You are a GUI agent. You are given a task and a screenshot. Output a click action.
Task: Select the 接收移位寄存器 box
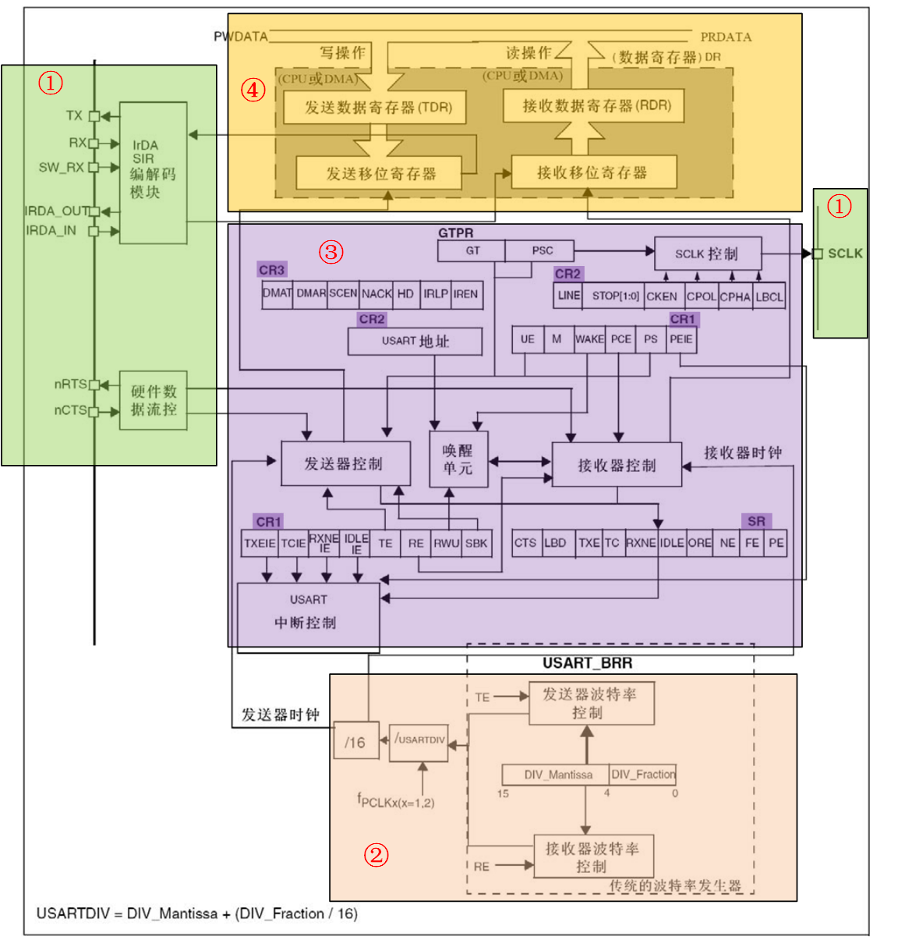pyautogui.click(x=593, y=172)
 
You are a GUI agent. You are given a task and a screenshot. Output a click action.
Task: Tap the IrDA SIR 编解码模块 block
pyautogui.click(x=153, y=172)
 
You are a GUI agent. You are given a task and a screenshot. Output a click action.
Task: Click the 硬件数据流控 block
pyautogui.click(x=153, y=400)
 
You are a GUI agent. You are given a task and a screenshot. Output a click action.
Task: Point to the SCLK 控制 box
pyautogui.click(x=707, y=254)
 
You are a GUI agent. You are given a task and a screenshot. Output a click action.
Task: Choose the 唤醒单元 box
pyautogui.click(x=458, y=459)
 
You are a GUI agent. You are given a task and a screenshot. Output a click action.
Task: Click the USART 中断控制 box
pyautogui.click(x=308, y=612)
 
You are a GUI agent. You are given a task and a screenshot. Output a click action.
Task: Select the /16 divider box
pyautogui.click(x=355, y=743)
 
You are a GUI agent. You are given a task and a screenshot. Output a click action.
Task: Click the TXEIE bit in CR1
pyautogui.click(x=260, y=543)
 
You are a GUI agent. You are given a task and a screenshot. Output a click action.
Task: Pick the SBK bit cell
pyautogui.click(x=476, y=543)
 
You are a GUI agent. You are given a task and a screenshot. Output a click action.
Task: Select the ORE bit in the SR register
pyautogui.click(x=699, y=543)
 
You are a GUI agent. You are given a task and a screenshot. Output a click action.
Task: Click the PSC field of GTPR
pyautogui.click(x=541, y=250)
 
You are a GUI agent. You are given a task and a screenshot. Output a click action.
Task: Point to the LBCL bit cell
pyautogui.click(x=769, y=296)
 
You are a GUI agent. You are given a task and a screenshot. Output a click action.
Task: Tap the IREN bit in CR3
pyautogui.click(x=466, y=294)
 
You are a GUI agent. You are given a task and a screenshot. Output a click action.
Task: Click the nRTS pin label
pyautogui.click(x=70, y=384)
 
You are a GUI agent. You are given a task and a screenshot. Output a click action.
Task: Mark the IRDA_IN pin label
pyautogui.click(x=51, y=231)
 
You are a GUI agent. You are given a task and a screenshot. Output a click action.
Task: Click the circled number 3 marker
pyautogui.click(x=331, y=252)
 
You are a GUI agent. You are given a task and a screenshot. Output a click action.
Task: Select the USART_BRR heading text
pyautogui.click(x=588, y=663)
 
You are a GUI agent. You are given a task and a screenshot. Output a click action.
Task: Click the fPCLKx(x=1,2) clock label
pyautogui.click(x=396, y=800)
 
